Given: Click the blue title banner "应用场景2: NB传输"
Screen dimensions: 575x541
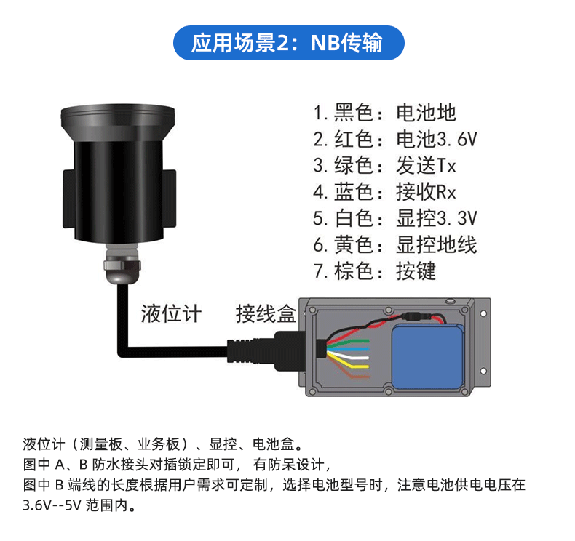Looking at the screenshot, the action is (289, 43).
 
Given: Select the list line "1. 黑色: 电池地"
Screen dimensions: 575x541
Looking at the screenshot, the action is (385, 113).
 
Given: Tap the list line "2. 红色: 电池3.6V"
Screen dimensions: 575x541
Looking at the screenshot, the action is (395, 139).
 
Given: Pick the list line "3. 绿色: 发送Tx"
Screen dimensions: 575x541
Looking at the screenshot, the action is (385, 166).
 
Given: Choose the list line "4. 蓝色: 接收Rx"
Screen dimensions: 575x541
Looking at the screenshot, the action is (385, 192).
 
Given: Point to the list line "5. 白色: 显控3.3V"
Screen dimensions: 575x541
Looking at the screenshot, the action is (395, 218).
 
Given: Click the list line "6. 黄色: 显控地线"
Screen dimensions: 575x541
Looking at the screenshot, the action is (395, 244).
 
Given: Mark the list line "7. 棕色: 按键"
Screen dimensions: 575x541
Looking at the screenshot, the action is (375, 271).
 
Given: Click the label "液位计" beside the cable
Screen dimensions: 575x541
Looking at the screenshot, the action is (171, 314).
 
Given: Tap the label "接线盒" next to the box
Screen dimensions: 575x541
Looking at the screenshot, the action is (266, 314).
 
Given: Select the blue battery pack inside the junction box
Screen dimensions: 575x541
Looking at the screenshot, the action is (427, 356).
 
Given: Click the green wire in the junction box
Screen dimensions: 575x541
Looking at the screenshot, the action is (348, 343).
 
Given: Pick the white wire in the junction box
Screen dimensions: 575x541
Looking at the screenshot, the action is (349, 356).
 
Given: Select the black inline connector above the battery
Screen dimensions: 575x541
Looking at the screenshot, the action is (417, 316).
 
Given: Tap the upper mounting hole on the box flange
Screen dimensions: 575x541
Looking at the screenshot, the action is (483, 313).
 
